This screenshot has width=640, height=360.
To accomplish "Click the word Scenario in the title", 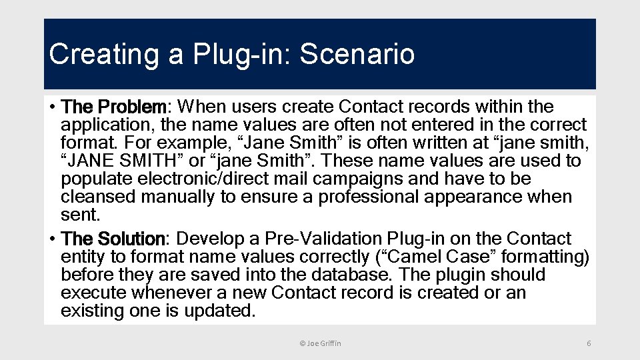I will click(357, 55).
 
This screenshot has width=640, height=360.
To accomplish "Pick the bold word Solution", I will click(131, 239).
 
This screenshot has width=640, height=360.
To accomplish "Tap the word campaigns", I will click(363, 179).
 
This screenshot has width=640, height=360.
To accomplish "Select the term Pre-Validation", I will click(320, 239).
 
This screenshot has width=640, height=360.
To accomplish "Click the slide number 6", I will click(589, 343).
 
